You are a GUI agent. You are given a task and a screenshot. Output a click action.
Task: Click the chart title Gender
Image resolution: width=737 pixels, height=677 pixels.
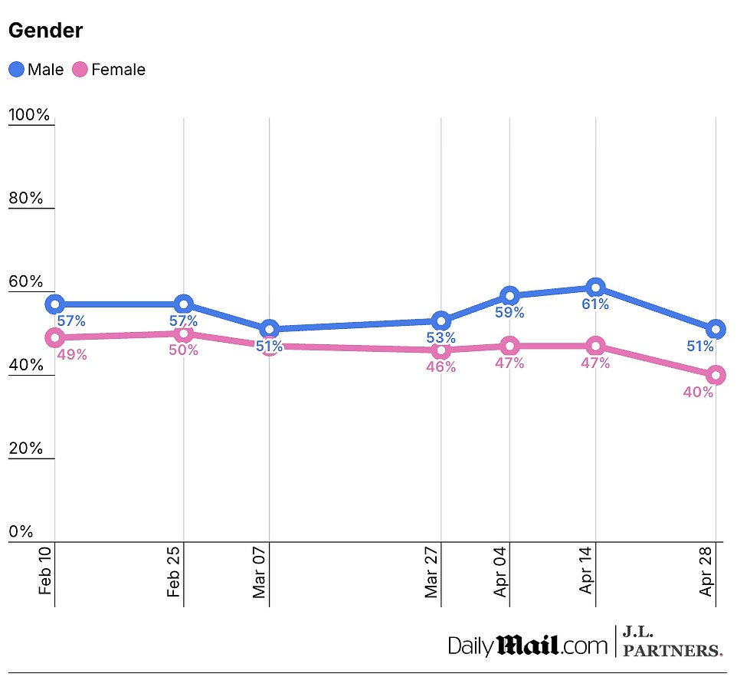(x=45, y=31)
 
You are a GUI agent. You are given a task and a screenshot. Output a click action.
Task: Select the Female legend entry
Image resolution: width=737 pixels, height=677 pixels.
(x=108, y=70)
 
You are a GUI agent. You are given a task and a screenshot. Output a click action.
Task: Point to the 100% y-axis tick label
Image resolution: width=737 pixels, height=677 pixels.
(x=29, y=116)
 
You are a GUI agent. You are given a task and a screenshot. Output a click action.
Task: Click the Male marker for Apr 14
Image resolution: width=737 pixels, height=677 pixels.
(x=595, y=288)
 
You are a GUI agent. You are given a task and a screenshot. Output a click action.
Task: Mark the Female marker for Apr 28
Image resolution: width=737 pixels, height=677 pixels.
(x=716, y=375)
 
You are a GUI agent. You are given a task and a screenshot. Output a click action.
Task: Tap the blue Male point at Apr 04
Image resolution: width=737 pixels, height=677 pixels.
(x=509, y=296)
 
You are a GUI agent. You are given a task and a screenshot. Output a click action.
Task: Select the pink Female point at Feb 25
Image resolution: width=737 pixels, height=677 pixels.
(x=183, y=334)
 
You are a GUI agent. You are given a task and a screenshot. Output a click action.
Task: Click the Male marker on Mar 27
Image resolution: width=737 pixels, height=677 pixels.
(x=441, y=321)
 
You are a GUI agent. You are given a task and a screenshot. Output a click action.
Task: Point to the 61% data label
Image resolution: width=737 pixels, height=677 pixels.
(x=595, y=304)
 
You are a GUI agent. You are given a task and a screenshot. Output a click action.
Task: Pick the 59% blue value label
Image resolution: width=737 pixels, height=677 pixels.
(x=509, y=313)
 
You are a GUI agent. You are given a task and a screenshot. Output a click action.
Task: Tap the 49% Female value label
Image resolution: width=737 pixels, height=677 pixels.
(x=72, y=354)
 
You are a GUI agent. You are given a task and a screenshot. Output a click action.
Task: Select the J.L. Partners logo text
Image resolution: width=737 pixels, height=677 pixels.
(x=672, y=642)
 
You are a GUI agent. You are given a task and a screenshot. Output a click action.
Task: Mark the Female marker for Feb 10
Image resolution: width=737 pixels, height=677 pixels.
(x=54, y=337)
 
